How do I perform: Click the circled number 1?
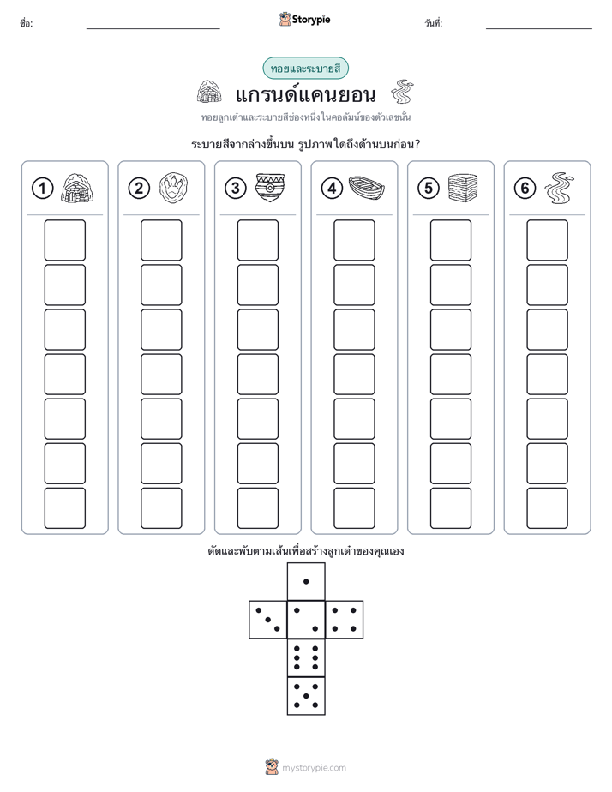[x=42, y=189]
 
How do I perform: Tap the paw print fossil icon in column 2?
[x=174, y=188]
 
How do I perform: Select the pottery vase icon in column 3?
[x=270, y=188]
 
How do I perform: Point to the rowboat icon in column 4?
[x=367, y=189]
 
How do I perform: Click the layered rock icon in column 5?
[x=463, y=188]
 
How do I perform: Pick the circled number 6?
[x=525, y=189]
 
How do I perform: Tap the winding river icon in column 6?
[x=560, y=188]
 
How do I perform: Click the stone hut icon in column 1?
[x=77, y=188]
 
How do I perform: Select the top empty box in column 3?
[x=257, y=240]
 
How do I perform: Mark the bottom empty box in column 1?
[x=64, y=508]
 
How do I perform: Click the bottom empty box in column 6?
[x=548, y=508]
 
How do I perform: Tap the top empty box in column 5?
[x=451, y=240]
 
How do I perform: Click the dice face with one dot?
[x=306, y=581]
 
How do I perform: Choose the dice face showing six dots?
[x=306, y=657]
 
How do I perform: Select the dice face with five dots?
[x=306, y=696]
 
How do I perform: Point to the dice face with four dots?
[x=345, y=620]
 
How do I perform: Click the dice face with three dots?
[x=268, y=620]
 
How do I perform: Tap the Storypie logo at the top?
[x=304, y=20]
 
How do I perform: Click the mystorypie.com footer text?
[x=314, y=768]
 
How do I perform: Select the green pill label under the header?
[x=305, y=69]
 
